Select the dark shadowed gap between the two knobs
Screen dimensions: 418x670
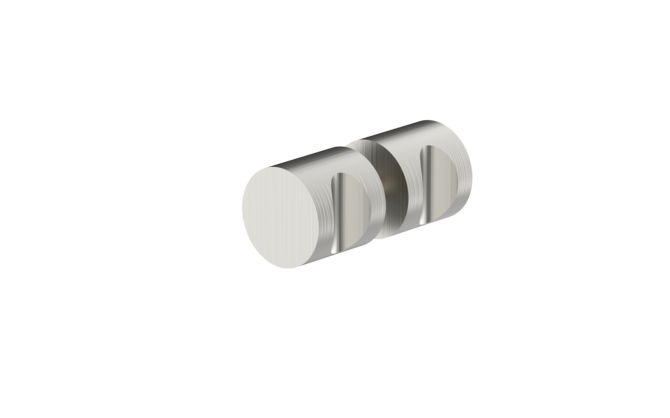[x=392, y=187]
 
